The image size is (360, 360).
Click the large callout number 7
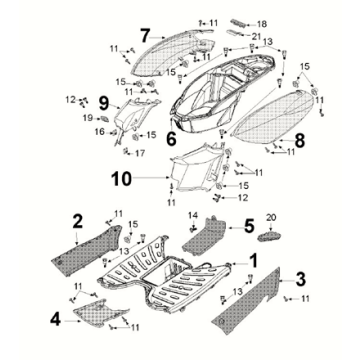pos(145,35)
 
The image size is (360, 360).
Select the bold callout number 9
pos(104,103)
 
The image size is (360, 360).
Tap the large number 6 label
pos(171,139)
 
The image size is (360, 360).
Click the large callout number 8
pos(299,141)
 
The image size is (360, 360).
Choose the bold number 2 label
pos(78,222)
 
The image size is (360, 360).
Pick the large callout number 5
pos(249,226)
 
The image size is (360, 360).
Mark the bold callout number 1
pos(254,261)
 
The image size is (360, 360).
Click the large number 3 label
pos(301,279)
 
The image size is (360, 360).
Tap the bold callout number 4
pos(55,320)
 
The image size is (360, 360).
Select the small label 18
pos(262,24)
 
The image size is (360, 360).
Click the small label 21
pos(256,35)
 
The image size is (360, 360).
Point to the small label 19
pos(88,118)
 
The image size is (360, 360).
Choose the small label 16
pos(99,132)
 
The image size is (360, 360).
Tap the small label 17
pos(140,153)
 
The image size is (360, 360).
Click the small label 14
pos(194,215)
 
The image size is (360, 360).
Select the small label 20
pos(271,218)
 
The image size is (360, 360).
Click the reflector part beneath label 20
pos(269,237)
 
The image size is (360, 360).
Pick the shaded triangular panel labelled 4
pos(100,313)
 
